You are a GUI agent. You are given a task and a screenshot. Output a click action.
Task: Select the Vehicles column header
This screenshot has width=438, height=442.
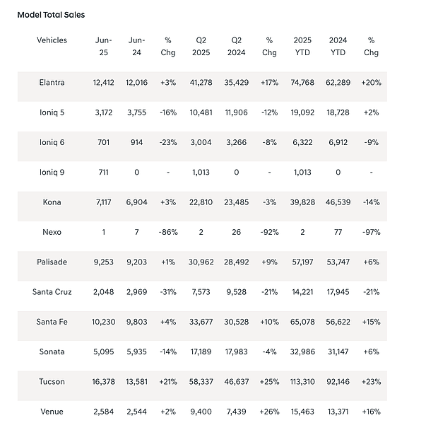click(x=52, y=40)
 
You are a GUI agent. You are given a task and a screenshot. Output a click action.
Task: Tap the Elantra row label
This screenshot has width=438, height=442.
click(x=52, y=82)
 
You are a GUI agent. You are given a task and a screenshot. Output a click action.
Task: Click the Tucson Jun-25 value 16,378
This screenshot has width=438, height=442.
click(x=103, y=381)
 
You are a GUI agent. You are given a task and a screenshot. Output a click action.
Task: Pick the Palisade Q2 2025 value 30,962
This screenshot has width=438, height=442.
click(x=201, y=262)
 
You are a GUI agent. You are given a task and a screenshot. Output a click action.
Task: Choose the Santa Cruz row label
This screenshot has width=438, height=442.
click(x=52, y=291)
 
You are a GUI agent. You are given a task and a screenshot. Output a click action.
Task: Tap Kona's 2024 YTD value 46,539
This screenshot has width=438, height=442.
click(x=339, y=202)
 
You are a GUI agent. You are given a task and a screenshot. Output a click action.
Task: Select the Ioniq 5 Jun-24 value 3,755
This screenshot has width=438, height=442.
click(x=137, y=112)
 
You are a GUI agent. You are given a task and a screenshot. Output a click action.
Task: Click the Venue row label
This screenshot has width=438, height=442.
click(x=52, y=411)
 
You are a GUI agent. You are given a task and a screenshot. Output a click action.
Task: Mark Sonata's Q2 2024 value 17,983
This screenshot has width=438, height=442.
click(x=236, y=351)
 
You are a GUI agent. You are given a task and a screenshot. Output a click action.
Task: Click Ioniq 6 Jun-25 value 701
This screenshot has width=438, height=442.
click(x=103, y=142)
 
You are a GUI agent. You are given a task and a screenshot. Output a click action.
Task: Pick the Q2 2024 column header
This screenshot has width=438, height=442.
click(x=236, y=46)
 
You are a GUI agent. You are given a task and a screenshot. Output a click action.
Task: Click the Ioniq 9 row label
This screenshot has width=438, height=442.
click(x=52, y=172)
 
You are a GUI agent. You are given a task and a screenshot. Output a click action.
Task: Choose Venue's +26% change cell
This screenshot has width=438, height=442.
click(x=269, y=411)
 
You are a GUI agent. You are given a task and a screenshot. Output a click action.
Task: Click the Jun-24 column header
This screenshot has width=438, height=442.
click(x=137, y=46)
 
